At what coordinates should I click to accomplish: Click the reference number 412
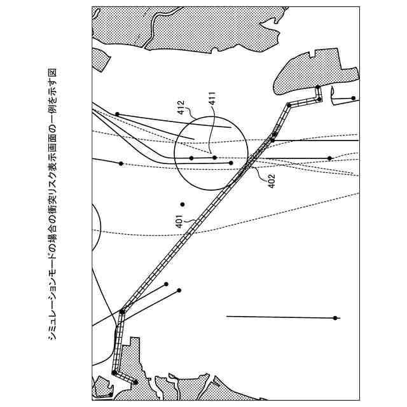click(x=181, y=107)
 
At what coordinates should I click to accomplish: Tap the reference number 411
click(x=212, y=99)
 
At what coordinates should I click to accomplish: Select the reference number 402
click(x=271, y=181)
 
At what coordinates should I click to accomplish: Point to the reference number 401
click(x=179, y=221)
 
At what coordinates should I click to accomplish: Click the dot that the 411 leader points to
click(x=215, y=158)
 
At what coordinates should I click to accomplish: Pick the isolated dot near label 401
click(x=183, y=205)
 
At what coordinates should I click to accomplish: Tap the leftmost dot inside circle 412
click(x=191, y=158)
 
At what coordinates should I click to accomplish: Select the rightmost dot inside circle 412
click(x=231, y=163)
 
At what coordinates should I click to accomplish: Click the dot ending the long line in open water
click(x=335, y=318)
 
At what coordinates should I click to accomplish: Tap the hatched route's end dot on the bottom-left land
click(x=135, y=382)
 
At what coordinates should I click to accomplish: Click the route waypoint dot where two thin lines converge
click(x=122, y=311)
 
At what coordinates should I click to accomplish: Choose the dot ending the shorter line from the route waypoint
click(x=166, y=284)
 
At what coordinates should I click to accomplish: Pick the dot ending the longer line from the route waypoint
click(x=179, y=290)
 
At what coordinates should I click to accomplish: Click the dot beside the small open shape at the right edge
click(x=354, y=98)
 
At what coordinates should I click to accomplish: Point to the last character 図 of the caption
click(x=53, y=72)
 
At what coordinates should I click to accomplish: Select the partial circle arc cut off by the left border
click(x=100, y=228)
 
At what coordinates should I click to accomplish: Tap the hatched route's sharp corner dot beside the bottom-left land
click(x=114, y=373)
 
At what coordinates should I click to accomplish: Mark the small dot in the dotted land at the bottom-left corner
click(x=111, y=394)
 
